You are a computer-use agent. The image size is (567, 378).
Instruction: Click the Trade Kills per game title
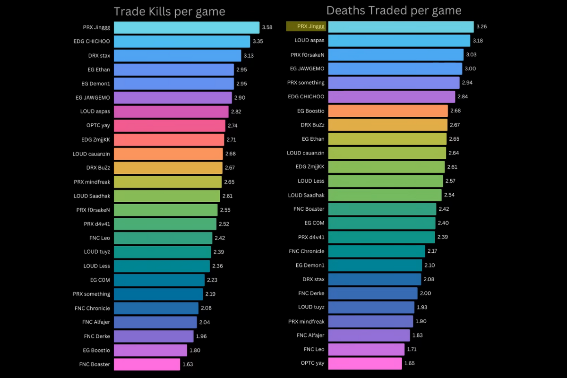click(170, 11)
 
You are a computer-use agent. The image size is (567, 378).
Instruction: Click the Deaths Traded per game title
click(394, 10)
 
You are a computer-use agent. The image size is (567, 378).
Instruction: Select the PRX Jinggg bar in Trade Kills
click(187, 27)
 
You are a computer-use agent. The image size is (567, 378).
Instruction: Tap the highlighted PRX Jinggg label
click(306, 26)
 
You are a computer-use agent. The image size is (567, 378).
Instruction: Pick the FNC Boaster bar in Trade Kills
click(147, 364)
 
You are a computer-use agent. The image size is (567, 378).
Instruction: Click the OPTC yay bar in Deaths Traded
click(365, 363)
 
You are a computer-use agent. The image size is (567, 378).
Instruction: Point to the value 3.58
click(267, 27)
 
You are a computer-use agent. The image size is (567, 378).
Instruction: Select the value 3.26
click(481, 26)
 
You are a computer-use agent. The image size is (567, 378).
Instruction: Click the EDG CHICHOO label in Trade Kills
click(92, 42)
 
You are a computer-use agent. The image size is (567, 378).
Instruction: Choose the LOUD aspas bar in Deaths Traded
click(399, 41)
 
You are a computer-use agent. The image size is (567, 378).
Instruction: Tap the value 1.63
click(188, 364)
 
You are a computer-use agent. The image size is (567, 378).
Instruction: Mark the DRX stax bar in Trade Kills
click(177, 56)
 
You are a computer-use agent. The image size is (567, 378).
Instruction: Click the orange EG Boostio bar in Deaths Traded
click(387, 111)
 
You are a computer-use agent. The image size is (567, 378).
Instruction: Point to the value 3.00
click(471, 69)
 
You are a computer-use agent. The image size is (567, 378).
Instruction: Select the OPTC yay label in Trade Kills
click(99, 126)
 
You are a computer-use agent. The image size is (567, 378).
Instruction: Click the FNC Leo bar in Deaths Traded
click(366, 350)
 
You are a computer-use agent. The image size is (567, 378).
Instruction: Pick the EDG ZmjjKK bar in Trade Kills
click(169, 140)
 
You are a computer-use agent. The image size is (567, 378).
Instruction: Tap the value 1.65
click(409, 363)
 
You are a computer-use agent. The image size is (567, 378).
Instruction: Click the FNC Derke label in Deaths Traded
click(311, 293)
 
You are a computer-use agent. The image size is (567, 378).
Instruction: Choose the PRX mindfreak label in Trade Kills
click(92, 182)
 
